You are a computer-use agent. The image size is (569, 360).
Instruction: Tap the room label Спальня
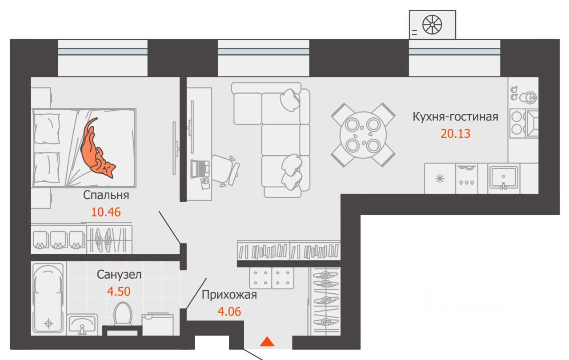click(x=106, y=195)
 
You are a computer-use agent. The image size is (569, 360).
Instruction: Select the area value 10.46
click(x=106, y=212)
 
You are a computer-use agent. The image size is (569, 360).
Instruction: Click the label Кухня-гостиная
click(x=455, y=117)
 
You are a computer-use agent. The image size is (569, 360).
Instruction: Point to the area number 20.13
click(x=455, y=133)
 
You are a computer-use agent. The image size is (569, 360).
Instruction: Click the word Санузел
click(x=120, y=275)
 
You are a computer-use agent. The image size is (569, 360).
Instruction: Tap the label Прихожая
click(x=229, y=295)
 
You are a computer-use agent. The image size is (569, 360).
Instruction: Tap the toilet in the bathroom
click(x=122, y=314)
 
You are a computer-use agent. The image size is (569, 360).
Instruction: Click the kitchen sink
click(x=503, y=178)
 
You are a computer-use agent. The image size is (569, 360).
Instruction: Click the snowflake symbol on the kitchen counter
click(x=440, y=179)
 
